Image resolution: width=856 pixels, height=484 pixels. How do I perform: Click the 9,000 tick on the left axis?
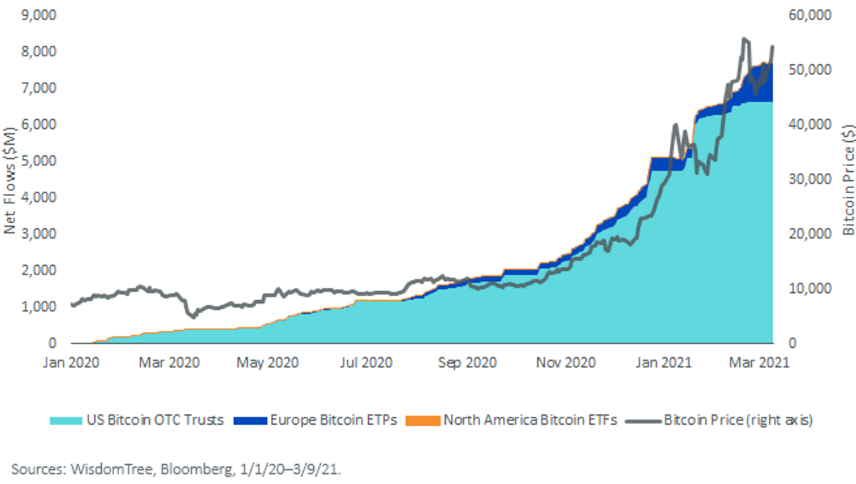point(39,15)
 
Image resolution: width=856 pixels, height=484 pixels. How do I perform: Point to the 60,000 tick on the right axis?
point(810,15)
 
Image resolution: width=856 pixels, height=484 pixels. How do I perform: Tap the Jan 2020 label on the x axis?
point(71,362)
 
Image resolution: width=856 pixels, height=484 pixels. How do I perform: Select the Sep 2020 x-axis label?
point(467,362)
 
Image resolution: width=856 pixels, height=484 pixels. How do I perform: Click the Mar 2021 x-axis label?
point(759,362)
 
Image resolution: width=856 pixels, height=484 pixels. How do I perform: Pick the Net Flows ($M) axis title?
point(9,180)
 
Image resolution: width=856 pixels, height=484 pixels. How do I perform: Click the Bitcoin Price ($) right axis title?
point(848,180)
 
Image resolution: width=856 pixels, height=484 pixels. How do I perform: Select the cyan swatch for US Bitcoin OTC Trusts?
point(66,421)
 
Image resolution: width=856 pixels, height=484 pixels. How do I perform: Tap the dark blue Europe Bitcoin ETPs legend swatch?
point(250,421)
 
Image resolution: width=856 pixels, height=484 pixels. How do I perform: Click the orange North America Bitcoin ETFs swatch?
point(422,421)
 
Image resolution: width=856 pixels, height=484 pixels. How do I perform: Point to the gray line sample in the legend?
point(643,421)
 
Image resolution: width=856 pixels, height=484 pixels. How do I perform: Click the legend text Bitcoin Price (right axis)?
point(738,420)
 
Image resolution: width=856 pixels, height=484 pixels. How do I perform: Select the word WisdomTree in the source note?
point(111,469)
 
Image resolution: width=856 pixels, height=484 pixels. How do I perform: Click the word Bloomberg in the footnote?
point(196,470)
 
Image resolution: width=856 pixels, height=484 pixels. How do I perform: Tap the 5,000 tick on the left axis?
point(39,161)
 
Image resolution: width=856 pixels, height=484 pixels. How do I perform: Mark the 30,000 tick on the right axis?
point(810,179)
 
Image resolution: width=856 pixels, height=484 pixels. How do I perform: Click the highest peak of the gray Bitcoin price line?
point(743,38)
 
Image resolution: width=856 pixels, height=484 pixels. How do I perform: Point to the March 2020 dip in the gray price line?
point(193,316)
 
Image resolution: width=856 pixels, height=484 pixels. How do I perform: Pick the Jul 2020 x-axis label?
point(366,362)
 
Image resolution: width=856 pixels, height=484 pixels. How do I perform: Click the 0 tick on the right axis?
point(793,343)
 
